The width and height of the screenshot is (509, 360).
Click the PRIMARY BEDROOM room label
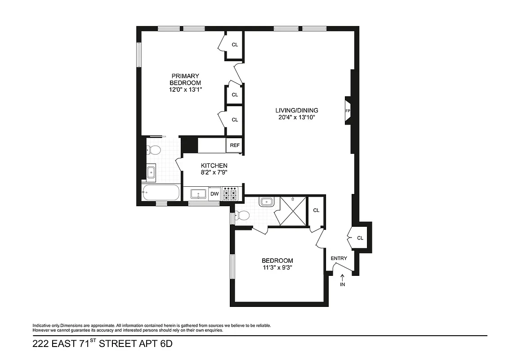click(185, 79)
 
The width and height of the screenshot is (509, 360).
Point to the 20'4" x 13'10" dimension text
click(297, 118)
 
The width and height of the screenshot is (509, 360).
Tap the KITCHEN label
click(214, 165)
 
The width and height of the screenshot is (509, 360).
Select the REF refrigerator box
click(235, 145)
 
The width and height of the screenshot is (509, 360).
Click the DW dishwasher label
click(214, 194)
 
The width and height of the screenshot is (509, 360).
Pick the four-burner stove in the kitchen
click(231, 194)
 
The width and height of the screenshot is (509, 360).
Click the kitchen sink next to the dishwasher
click(198, 194)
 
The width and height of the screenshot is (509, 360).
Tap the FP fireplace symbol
click(348, 111)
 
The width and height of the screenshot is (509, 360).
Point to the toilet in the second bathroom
click(243, 215)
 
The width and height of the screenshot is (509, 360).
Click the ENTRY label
click(339, 258)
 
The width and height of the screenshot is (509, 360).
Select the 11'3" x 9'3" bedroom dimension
click(277, 268)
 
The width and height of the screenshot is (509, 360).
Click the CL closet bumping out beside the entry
click(360, 238)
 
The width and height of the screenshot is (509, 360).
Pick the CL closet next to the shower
click(316, 210)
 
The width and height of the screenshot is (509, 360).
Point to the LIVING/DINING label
click(297, 110)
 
